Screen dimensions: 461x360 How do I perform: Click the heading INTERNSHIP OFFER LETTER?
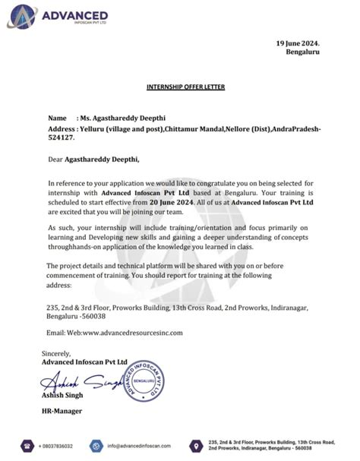click(x=179, y=87)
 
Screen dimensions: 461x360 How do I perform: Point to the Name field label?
click(x=57, y=119)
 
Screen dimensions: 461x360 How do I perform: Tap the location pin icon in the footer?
click(x=197, y=445)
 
